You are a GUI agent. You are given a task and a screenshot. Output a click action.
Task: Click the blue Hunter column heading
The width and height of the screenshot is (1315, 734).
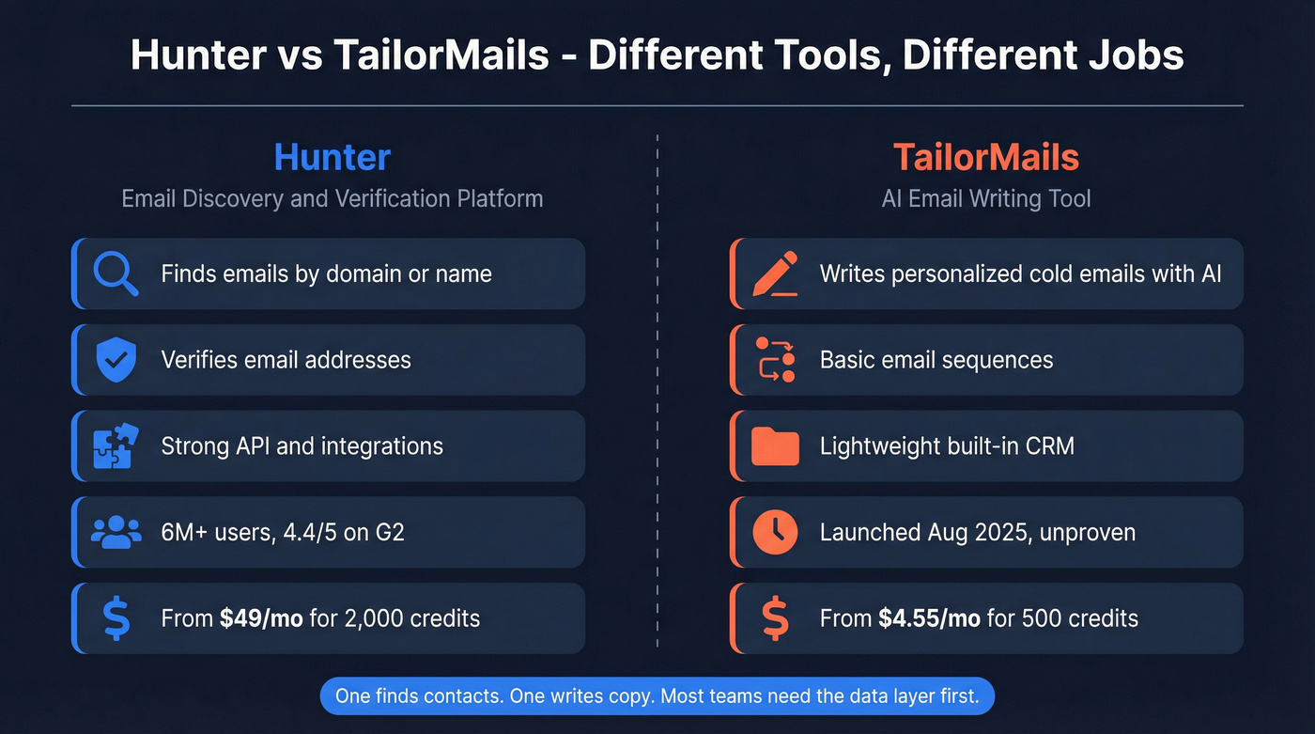click(332, 157)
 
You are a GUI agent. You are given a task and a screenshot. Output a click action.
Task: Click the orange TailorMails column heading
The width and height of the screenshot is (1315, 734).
click(985, 157)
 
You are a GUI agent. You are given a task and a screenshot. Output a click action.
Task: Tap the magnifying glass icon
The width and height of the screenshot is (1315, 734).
click(116, 274)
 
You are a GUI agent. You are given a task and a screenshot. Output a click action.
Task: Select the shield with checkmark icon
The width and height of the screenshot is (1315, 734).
click(116, 360)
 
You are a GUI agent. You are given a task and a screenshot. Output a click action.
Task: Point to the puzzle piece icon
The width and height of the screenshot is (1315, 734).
click(116, 445)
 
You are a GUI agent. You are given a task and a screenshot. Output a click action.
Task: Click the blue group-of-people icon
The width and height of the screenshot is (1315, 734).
click(116, 532)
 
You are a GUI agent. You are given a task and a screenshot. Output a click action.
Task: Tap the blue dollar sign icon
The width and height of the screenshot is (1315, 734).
click(116, 618)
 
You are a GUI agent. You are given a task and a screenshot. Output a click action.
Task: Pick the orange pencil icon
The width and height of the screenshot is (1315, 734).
click(775, 273)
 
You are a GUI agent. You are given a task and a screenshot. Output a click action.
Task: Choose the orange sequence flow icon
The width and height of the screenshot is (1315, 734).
click(775, 360)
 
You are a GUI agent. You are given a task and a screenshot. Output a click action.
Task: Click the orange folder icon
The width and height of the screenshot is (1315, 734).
click(775, 445)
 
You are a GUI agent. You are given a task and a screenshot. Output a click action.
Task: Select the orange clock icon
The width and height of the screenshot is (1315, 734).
click(775, 532)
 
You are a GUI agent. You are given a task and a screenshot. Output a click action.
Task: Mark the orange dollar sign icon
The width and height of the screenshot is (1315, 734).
click(775, 618)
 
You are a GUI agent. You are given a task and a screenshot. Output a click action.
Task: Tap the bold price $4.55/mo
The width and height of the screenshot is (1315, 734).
click(930, 618)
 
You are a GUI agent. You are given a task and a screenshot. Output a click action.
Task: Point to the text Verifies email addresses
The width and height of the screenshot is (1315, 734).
click(286, 360)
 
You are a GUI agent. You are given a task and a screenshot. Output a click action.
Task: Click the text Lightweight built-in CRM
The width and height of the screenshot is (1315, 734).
click(947, 445)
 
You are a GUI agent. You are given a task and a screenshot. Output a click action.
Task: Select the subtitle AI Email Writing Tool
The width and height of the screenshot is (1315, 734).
click(985, 198)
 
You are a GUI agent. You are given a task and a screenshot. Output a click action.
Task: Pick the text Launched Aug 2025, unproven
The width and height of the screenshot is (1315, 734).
click(977, 532)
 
